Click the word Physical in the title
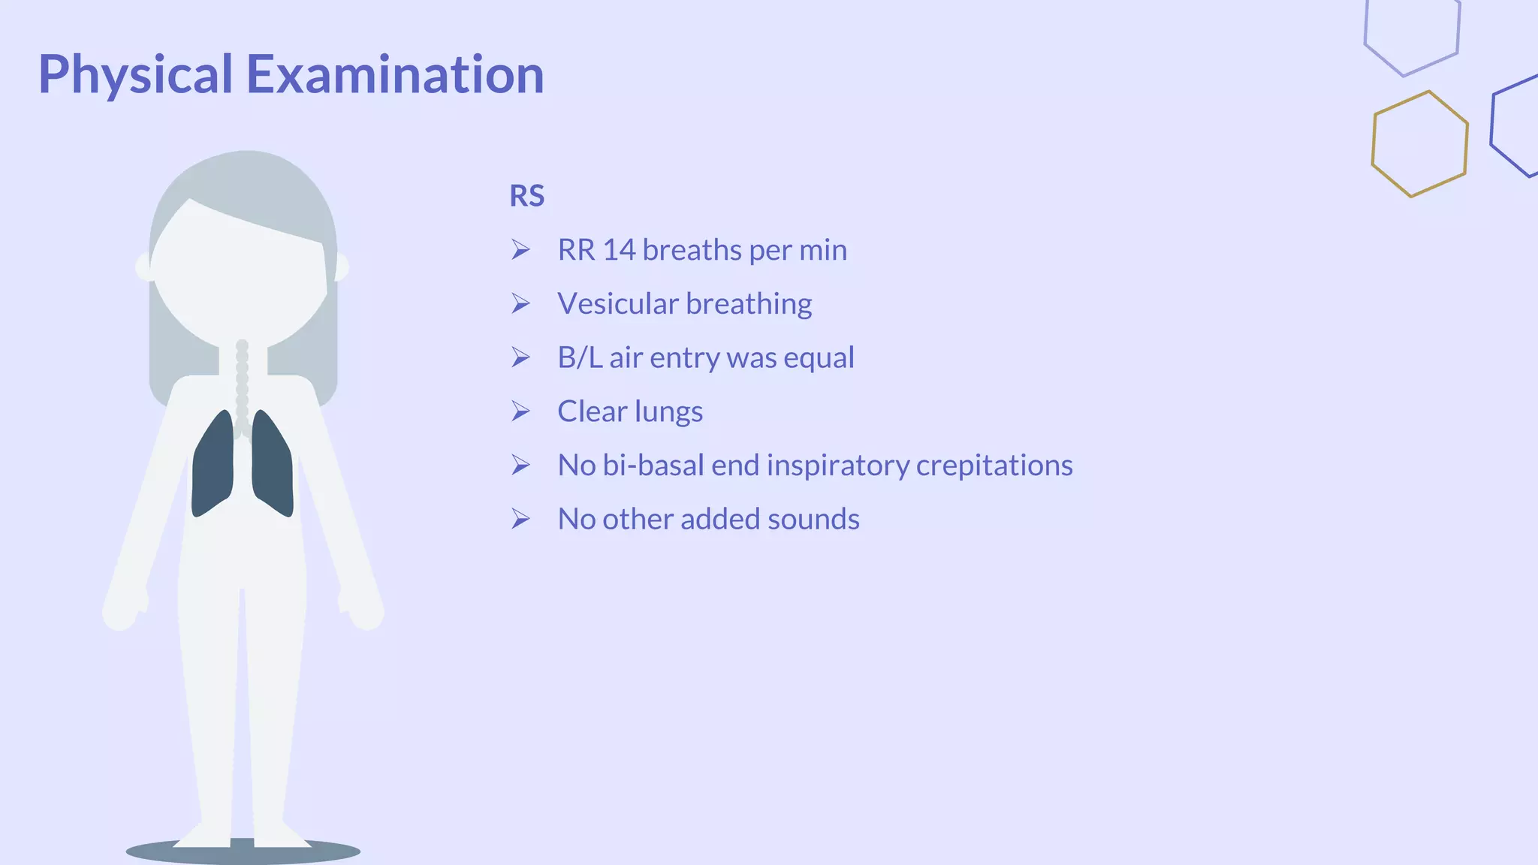click(x=135, y=75)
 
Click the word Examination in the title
click(x=395, y=75)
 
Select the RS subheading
click(x=526, y=196)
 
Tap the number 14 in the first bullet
click(x=620, y=250)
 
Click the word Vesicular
click(x=617, y=304)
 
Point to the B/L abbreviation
click(x=579, y=358)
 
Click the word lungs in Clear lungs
click(x=668, y=412)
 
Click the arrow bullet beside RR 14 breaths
click(x=520, y=250)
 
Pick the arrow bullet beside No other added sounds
click(x=520, y=519)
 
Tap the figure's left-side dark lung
click(x=213, y=466)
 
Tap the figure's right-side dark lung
click(x=273, y=466)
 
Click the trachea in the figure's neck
click(x=242, y=383)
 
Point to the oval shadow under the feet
click(x=243, y=852)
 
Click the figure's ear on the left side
click(x=143, y=267)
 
